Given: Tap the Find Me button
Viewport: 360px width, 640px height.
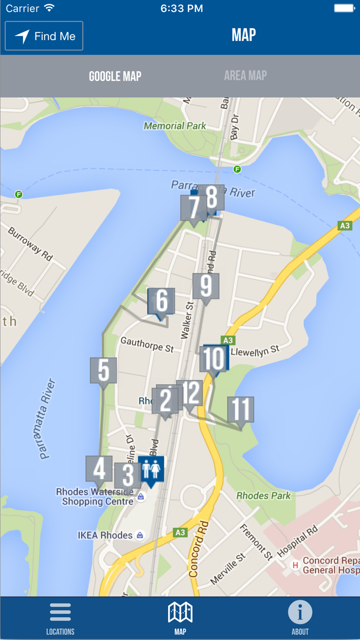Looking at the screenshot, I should click(x=44, y=36).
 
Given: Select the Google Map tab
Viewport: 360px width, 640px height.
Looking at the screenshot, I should click(x=115, y=76).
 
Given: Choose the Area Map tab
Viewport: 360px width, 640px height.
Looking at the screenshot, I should click(x=245, y=76).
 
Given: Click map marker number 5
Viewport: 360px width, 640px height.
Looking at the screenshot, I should click(x=103, y=370).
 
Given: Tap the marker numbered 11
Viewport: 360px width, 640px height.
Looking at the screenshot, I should click(x=241, y=410).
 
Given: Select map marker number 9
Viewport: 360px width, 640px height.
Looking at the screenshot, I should click(x=206, y=287).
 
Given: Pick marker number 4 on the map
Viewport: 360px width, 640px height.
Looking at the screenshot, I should click(x=99, y=469).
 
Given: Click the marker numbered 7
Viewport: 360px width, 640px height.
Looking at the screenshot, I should click(x=193, y=208).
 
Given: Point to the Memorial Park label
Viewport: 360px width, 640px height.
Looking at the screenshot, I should click(x=175, y=126).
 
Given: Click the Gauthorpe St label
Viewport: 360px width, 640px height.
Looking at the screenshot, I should click(x=147, y=345).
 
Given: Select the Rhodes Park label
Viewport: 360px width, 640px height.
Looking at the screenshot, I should click(x=263, y=496).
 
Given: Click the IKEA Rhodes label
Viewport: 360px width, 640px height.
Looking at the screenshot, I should click(x=105, y=535).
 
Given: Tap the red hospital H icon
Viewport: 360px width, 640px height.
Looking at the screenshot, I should click(x=295, y=565).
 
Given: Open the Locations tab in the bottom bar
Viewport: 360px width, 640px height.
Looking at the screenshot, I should click(x=60, y=618).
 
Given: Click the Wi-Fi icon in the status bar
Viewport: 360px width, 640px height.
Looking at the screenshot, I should click(x=49, y=8).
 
